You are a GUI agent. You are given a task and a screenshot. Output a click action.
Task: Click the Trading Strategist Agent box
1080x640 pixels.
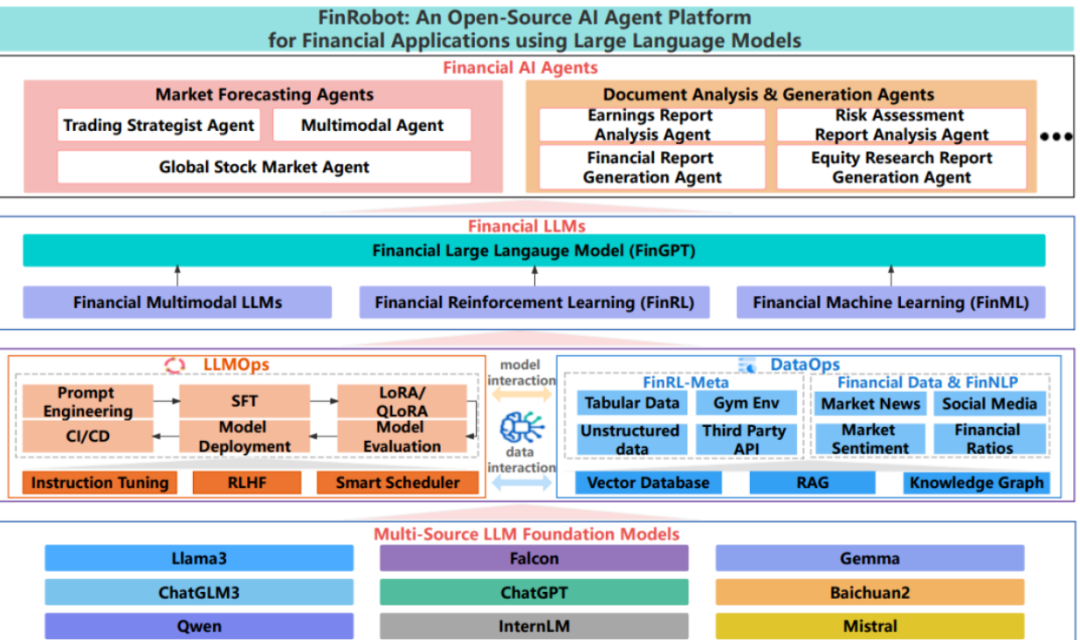(x=158, y=125)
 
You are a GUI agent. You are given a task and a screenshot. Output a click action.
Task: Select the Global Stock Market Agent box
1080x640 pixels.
(x=264, y=167)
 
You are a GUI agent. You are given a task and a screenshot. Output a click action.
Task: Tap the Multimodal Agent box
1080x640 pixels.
(x=372, y=125)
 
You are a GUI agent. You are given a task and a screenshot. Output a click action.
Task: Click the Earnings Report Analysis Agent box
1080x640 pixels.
(x=652, y=125)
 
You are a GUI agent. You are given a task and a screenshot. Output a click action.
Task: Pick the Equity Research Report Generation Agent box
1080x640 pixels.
(x=901, y=167)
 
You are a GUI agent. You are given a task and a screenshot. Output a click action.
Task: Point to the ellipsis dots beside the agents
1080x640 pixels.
(x=1056, y=136)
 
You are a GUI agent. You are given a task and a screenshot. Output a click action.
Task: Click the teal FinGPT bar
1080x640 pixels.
(x=534, y=250)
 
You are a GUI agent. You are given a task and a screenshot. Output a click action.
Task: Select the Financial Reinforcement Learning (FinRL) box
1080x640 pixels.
(x=534, y=302)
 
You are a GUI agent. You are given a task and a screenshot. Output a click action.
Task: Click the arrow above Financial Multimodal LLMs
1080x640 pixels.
(x=178, y=276)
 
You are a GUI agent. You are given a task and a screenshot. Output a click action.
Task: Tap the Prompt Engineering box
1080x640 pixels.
(x=87, y=402)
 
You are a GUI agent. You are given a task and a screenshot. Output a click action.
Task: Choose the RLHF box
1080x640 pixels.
(x=247, y=482)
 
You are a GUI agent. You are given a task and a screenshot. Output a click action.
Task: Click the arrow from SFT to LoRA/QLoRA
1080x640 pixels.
(x=324, y=401)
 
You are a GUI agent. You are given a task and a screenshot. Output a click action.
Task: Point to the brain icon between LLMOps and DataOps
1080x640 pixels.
(x=521, y=428)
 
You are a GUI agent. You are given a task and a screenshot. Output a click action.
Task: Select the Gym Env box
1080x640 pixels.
(x=746, y=403)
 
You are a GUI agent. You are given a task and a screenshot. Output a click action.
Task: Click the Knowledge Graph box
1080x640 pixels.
(x=976, y=482)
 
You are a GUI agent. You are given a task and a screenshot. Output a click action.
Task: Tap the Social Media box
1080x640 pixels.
(x=989, y=404)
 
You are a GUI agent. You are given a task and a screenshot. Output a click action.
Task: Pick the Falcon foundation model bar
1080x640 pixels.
(x=534, y=558)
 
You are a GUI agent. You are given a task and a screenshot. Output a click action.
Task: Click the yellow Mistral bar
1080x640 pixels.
(x=869, y=626)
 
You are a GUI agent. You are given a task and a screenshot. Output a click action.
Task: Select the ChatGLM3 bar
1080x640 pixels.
(x=199, y=592)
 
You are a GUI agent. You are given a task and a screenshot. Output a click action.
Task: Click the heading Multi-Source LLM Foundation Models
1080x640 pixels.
(x=526, y=534)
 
